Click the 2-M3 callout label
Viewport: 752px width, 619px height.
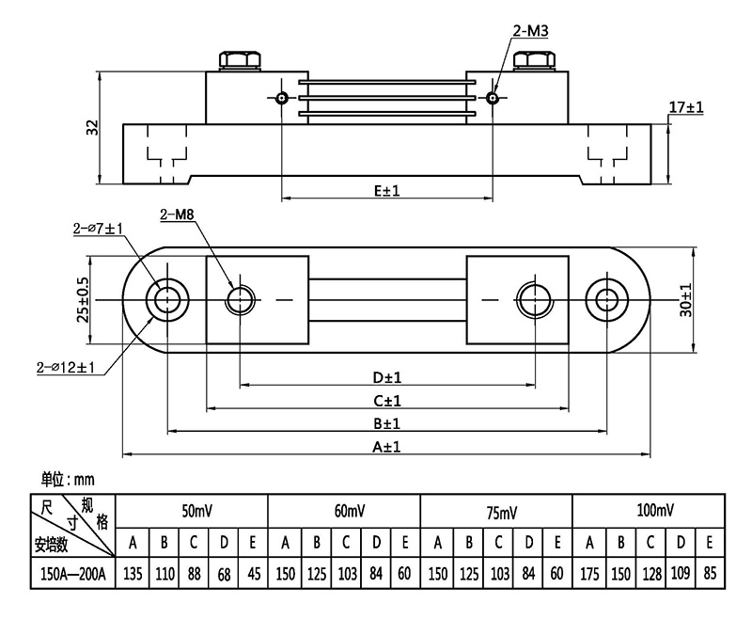tap(531, 32)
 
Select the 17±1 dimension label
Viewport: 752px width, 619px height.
tap(687, 109)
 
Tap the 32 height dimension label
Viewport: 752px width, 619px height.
tap(92, 128)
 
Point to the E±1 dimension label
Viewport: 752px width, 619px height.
tap(386, 190)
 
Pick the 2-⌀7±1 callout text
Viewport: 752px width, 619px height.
tap(99, 229)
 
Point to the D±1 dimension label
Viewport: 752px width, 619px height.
tap(386, 378)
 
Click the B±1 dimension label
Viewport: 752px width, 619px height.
tap(386, 424)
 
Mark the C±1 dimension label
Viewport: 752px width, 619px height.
tap(386, 402)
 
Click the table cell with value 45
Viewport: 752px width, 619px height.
tap(253, 573)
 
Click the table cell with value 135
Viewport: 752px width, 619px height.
tap(133, 573)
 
